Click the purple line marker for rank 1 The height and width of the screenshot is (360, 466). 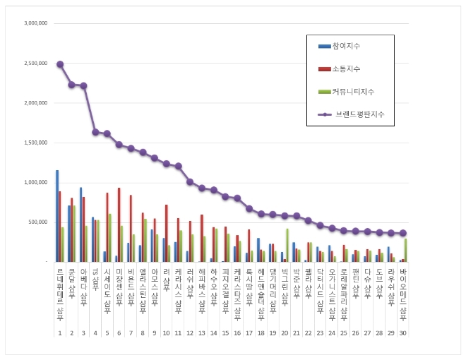click(x=60, y=64)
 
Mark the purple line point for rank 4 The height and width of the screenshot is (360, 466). click(x=95, y=132)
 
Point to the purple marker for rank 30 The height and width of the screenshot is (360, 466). click(x=403, y=233)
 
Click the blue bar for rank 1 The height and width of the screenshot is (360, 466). click(x=56, y=215)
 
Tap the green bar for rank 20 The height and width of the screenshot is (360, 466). click(x=287, y=245)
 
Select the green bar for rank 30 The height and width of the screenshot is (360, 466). click(x=406, y=250)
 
